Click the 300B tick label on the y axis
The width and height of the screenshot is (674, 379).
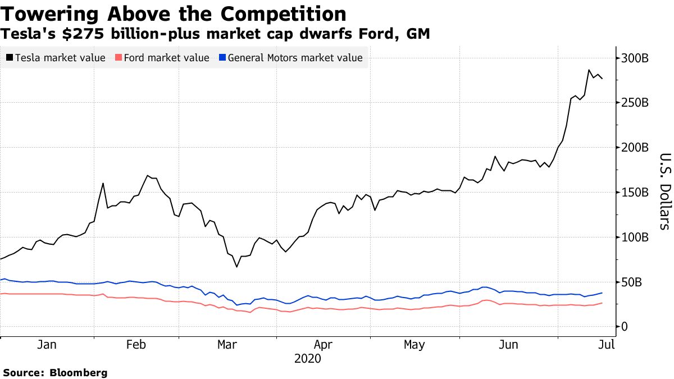click(x=635, y=58)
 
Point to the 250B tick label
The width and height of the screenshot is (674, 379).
click(x=635, y=103)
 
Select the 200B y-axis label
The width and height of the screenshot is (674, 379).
click(x=635, y=148)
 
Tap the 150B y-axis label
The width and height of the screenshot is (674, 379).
click(x=635, y=193)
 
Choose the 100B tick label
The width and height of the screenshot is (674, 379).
click(x=635, y=238)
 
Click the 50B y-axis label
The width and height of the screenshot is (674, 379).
click(x=632, y=282)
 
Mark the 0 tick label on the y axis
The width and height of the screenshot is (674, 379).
click(x=624, y=327)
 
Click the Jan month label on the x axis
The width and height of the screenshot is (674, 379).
click(x=46, y=345)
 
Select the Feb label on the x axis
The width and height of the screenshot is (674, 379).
click(x=136, y=345)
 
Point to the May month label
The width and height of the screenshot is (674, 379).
click(x=414, y=345)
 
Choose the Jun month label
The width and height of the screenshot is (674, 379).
click(x=509, y=345)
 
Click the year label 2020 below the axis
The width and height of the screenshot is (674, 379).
click(x=308, y=358)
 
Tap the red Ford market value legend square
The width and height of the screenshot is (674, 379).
click(x=118, y=58)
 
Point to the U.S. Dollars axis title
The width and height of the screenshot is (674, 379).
click(x=664, y=191)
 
